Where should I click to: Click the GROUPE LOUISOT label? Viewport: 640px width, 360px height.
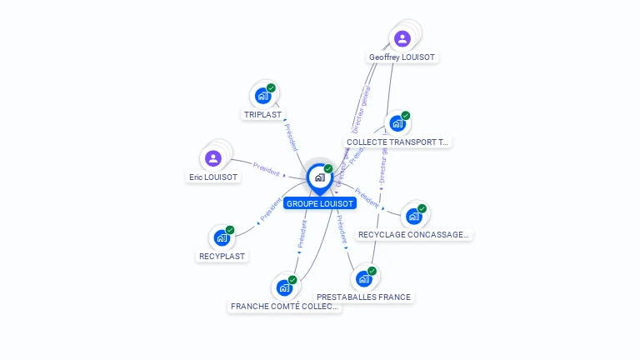coord(320,203)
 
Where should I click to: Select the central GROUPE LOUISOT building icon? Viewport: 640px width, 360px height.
coord(319,177)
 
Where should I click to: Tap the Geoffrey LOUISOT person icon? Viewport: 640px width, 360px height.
coord(402,38)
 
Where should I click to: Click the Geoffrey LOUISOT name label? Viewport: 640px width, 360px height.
coord(402,57)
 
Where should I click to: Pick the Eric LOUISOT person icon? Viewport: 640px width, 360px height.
coord(213,158)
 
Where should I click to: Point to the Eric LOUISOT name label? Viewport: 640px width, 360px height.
coord(213,177)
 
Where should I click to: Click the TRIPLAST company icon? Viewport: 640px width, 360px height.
coord(263,96)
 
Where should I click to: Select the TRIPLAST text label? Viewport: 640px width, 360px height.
coord(263,114)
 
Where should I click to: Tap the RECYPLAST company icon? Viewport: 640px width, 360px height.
coord(222,237)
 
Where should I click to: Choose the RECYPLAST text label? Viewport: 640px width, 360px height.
coord(222,256)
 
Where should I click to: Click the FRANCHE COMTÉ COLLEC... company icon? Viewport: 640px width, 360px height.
coord(284,287)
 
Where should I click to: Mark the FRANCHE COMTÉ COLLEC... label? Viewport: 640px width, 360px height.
coord(285,307)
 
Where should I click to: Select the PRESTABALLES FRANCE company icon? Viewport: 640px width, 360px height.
coord(363,278)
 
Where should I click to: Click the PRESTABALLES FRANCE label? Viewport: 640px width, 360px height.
coord(364,297)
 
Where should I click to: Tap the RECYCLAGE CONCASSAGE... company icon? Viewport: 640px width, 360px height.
coord(413,217)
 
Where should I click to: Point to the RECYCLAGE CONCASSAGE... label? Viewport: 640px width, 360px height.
coord(413,235)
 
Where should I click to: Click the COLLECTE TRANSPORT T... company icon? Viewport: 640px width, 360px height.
coord(397,123)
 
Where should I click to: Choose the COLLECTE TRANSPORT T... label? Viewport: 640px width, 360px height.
coord(397,142)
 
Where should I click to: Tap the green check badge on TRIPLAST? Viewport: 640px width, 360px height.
coord(271,88)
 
